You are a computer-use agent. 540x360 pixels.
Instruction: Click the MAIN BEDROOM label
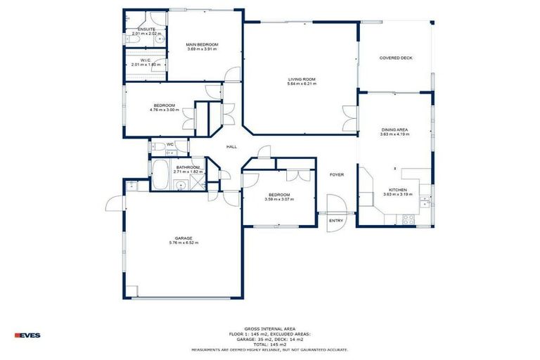(x=202, y=44)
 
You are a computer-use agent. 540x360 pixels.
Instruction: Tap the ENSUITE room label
(x=146, y=29)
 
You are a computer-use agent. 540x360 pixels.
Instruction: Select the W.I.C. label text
(x=146, y=60)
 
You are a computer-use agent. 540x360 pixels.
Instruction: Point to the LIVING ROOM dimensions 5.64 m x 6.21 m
(x=302, y=84)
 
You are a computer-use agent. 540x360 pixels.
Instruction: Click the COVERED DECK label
(x=395, y=58)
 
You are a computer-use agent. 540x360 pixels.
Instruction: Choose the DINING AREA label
(x=394, y=130)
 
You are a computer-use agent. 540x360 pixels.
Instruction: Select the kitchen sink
(x=425, y=202)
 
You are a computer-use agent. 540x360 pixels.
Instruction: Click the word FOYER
(x=337, y=174)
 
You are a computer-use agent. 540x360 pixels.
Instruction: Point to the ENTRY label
(x=336, y=221)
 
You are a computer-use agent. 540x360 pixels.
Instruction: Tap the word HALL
(x=231, y=146)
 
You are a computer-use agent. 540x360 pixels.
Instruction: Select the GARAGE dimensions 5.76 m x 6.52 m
(x=184, y=243)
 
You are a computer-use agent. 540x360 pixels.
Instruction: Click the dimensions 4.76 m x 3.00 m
(x=165, y=110)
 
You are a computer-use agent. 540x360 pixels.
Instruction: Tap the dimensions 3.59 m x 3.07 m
(x=279, y=199)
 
